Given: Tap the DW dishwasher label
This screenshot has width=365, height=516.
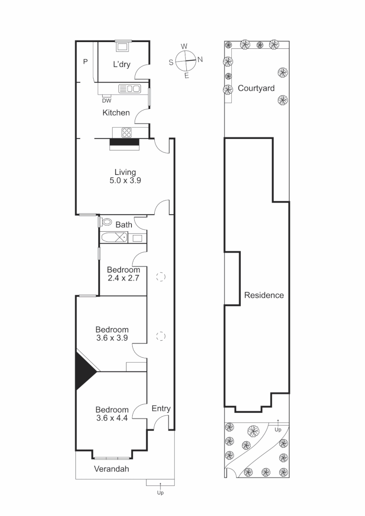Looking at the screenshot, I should click(107, 100).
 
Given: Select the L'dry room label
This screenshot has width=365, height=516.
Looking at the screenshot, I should click(121, 64).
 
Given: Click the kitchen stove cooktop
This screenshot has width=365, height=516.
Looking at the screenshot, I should click(128, 132).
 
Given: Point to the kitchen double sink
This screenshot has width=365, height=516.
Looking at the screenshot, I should click(130, 88).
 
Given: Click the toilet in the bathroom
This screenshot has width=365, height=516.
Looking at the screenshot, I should click(107, 222).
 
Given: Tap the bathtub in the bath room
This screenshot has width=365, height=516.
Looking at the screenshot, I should click(114, 237).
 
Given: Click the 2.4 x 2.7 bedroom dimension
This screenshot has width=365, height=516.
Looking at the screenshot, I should click(123, 278).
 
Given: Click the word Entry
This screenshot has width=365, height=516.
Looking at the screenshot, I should click(161, 408).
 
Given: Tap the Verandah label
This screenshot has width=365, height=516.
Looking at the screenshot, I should click(111, 469).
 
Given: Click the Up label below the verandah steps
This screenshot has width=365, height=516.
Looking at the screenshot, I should click(161, 493).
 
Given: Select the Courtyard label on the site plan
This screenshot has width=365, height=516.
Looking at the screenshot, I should click(256, 88).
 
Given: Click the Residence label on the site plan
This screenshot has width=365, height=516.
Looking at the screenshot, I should click(264, 295).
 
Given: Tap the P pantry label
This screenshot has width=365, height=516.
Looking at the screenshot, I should click(86, 61).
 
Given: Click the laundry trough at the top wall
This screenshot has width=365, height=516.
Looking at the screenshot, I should click(122, 47).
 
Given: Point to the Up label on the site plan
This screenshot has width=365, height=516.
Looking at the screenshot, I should click(278, 430).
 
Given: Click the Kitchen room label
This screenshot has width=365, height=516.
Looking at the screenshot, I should click(116, 113).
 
